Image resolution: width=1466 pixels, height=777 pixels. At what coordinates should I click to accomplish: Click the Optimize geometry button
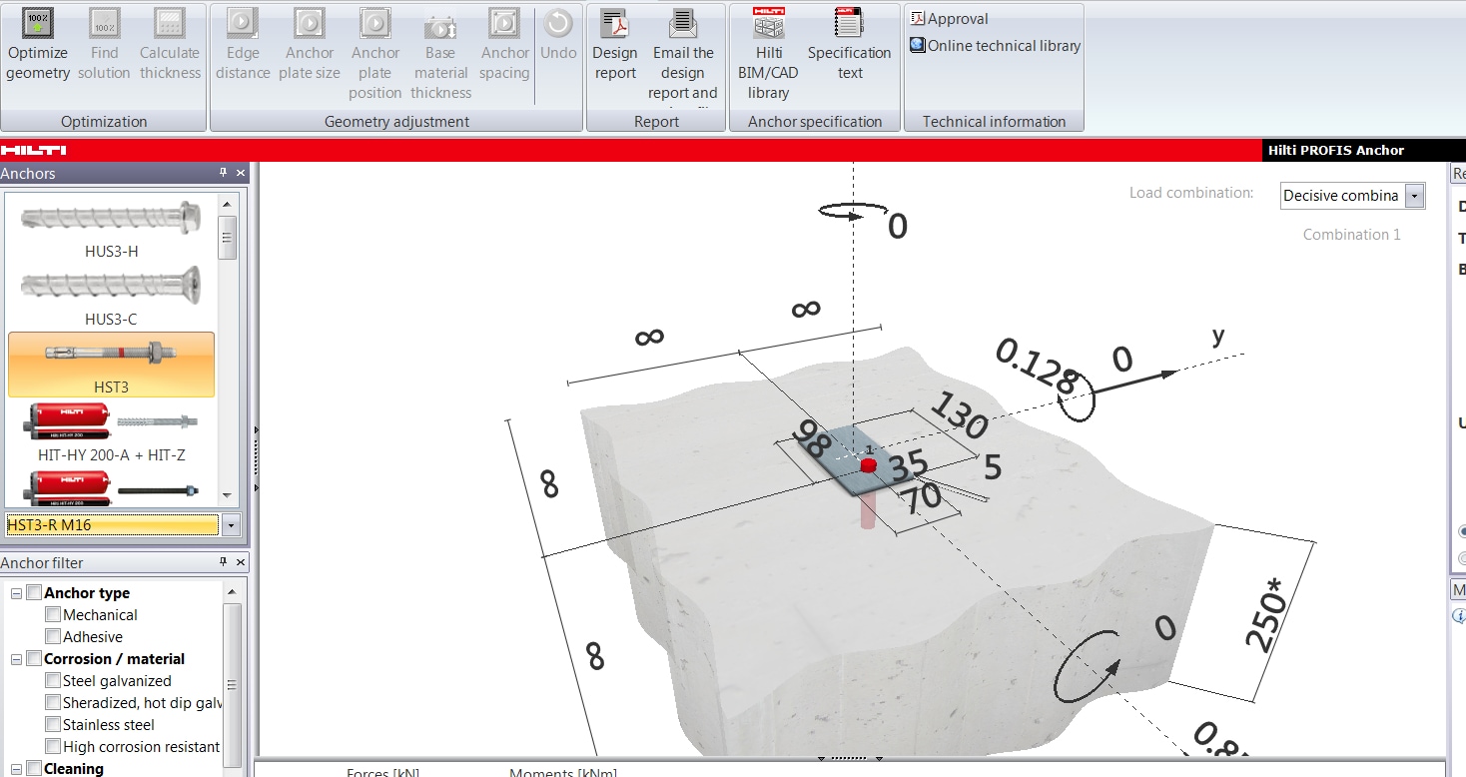[38, 44]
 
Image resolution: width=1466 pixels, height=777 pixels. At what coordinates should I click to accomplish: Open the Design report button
[614, 44]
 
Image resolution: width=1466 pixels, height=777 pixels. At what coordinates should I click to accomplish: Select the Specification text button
[849, 44]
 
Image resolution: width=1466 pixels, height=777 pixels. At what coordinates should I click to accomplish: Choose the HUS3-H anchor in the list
[111, 229]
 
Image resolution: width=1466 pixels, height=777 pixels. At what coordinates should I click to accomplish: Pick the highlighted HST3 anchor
[111, 365]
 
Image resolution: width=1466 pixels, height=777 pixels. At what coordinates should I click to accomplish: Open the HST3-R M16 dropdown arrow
[232, 525]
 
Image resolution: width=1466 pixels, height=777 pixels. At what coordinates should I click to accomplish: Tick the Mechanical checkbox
[53, 615]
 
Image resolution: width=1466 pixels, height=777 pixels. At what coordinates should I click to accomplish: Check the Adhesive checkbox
[53, 637]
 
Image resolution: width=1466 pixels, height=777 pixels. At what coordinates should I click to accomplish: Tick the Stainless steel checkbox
[53, 725]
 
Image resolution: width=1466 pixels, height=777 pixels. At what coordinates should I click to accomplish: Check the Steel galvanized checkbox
[53, 681]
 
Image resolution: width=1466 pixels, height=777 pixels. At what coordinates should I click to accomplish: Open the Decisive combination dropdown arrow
[1413, 196]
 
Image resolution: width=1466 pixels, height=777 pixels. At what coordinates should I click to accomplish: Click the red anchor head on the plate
[867, 465]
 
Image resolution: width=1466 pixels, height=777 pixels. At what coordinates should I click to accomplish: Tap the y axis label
[1217, 337]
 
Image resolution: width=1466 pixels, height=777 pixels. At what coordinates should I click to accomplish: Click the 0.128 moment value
[1035, 367]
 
